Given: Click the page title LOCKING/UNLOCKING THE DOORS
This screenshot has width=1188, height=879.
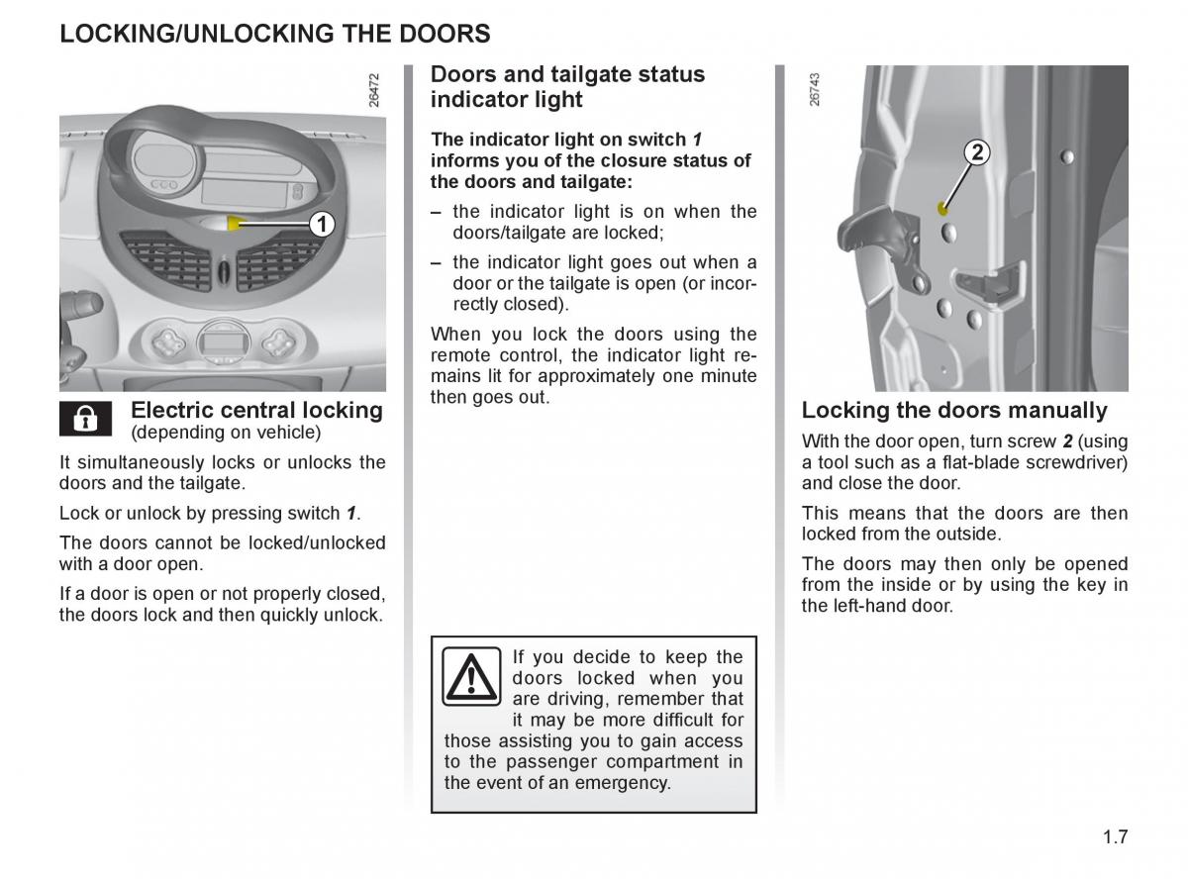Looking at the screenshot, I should pos(274,34).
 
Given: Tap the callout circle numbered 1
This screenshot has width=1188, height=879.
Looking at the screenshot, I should pos(320,225).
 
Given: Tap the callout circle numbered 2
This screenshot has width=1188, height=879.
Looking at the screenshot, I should pos(976,152).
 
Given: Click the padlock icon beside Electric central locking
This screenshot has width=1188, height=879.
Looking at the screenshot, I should pos(85,419).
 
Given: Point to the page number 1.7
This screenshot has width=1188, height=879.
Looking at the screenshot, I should pos(1115,836).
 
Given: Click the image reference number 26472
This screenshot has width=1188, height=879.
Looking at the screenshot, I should pos(373,88).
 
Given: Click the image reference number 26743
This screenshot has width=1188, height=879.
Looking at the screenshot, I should pos(815,88).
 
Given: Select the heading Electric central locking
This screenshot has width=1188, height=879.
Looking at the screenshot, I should pos(256,410).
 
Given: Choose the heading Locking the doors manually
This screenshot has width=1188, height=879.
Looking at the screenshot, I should pos(954,410).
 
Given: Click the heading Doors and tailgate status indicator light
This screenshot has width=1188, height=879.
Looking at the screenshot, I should pos(567,87).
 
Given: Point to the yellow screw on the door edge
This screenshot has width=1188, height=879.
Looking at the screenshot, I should pos(942,208).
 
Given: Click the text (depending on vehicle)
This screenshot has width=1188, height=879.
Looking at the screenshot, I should pos(226,433).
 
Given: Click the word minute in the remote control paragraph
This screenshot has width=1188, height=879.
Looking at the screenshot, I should pos(727,376).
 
